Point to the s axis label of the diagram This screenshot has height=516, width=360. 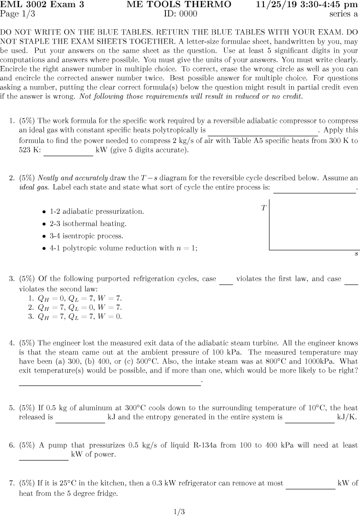click(x=356, y=254)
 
